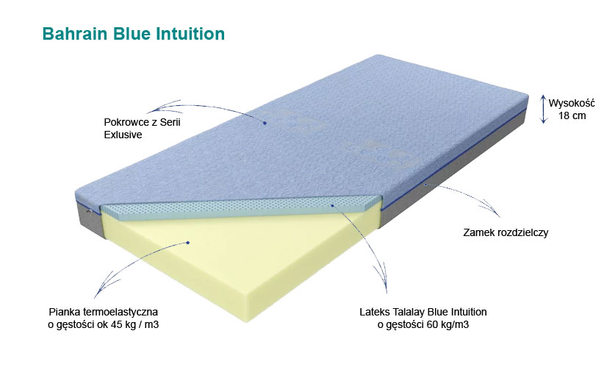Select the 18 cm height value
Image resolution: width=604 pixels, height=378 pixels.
572,115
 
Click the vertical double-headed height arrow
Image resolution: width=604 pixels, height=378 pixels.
543,109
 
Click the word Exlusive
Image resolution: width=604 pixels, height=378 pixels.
123,135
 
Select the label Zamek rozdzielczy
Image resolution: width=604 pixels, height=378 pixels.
506,232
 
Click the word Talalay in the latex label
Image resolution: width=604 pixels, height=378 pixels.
409,312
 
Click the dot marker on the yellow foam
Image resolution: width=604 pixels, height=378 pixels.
189,242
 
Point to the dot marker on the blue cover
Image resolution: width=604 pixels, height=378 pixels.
264,123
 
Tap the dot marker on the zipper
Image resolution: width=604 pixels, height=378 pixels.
426,185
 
